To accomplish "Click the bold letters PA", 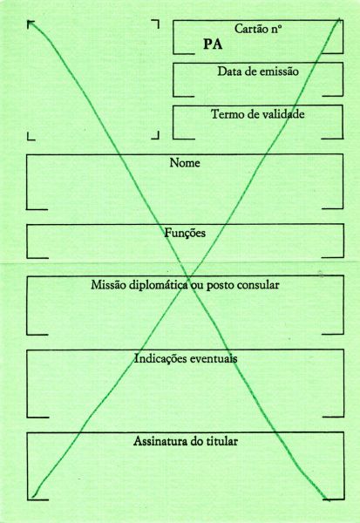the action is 213,44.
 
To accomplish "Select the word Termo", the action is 226,114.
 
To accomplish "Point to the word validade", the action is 282,114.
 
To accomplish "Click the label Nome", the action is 185,163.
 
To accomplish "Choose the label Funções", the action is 185,233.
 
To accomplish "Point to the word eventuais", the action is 214,358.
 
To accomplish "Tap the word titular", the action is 222,441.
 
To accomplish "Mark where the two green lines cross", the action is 189,279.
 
